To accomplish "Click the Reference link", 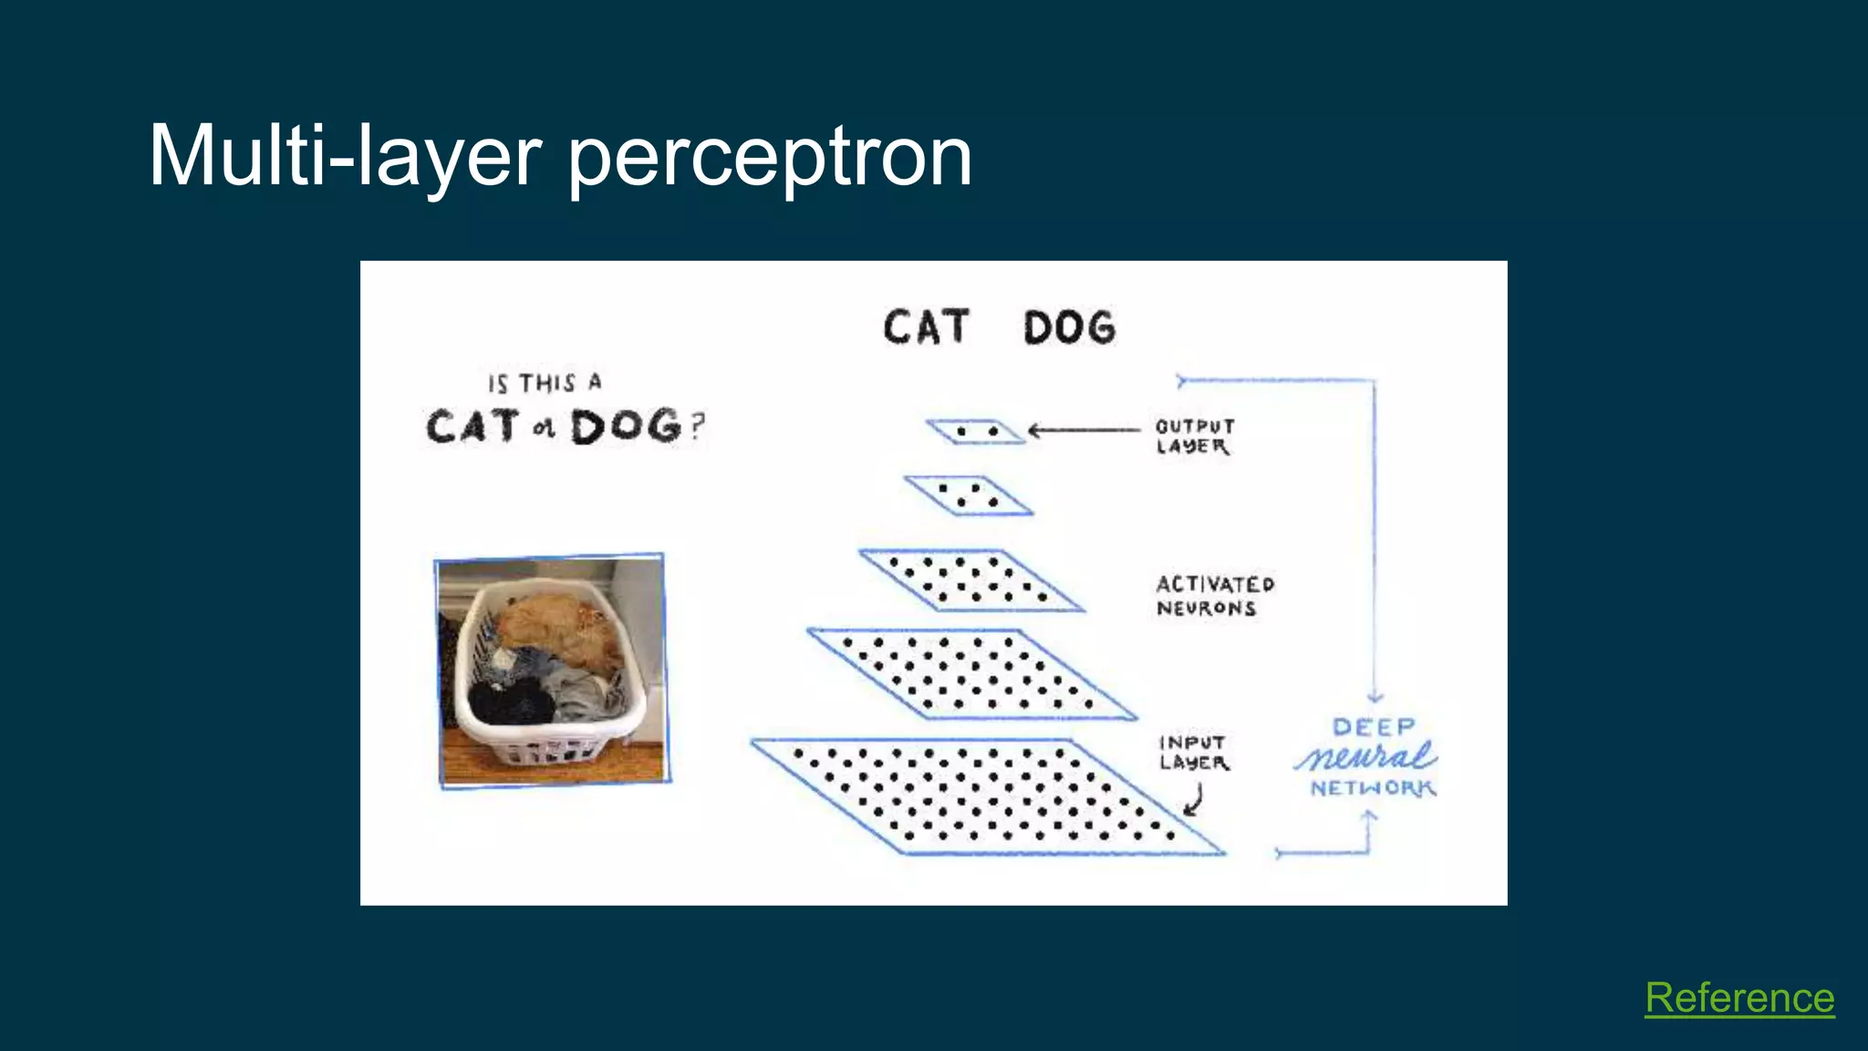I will (1739, 998).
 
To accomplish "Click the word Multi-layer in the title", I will (345, 156).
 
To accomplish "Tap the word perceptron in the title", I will (770, 160).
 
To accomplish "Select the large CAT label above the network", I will (925, 328).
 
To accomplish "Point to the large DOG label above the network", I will (1069, 328).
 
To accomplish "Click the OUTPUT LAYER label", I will (1194, 436).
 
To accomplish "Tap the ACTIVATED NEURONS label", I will (1214, 596).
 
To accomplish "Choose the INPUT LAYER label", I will (1193, 753).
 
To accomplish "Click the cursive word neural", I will (1365, 756).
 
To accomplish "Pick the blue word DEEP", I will (1373, 727).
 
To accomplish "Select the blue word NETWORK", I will (1373, 787).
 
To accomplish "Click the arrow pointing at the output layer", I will (1084, 430).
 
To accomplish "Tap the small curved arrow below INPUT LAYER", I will (1195, 801).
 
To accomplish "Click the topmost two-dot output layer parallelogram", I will (976, 431).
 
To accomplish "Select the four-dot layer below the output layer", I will (968, 495).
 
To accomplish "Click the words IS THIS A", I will (545, 383).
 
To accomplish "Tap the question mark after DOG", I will (697, 427).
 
